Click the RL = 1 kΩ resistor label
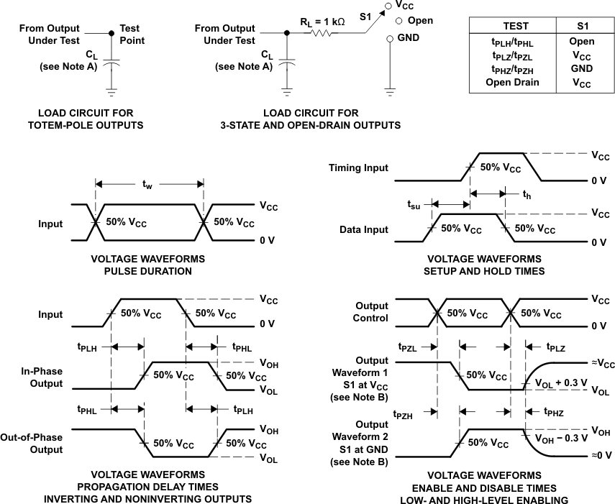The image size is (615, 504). point(322,22)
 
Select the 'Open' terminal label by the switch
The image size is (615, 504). point(420,21)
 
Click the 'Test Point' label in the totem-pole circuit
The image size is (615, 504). point(132,35)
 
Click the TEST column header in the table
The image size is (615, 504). point(515,26)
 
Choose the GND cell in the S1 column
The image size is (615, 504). point(581,68)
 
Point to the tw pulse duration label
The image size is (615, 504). point(148,185)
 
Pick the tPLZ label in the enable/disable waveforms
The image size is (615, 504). point(555,347)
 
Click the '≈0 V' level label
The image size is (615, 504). point(602,455)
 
